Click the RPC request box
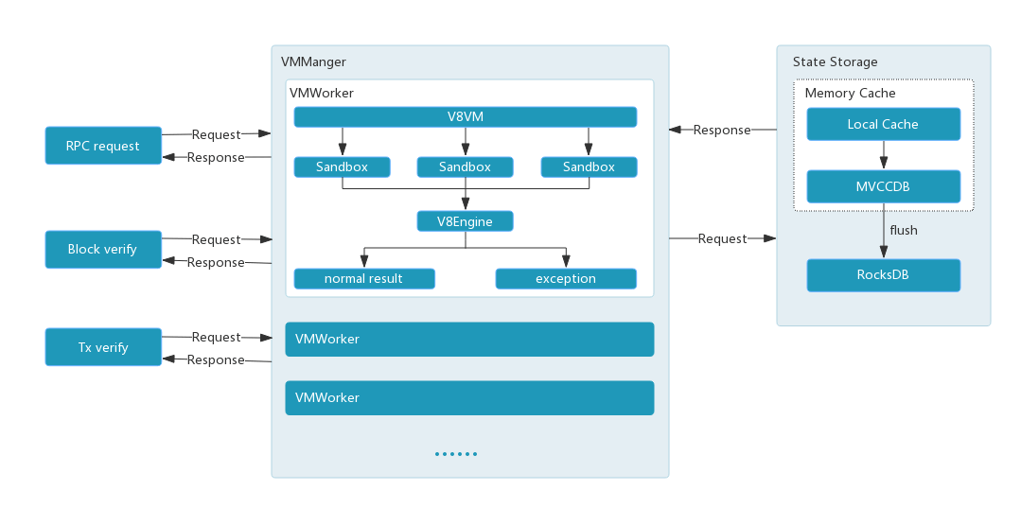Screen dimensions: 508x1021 click(x=103, y=146)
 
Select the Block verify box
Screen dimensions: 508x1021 click(x=103, y=249)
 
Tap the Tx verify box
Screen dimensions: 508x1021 click(x=103, y=347)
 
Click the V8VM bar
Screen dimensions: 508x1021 click(x=465, y=117)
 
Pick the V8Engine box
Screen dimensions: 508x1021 click(x=465, y=221)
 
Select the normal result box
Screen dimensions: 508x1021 click(x=363, y=279)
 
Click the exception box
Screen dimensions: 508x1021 click(x=566, y=279)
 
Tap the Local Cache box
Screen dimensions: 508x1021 click(x=883, y=124)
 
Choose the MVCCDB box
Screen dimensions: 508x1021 click(x=883, y=186)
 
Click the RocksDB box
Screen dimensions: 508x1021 click(x=883, y=275)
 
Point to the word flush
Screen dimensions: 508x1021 click(x=904, y=230)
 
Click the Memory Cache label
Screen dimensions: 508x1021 click(x=850, y=94)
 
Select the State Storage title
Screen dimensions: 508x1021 click(x=835, y=62)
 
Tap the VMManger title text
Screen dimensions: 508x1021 click(x=313, y=62)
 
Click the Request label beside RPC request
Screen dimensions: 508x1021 click(x=217, y=134)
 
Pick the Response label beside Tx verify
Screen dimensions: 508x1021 click(x=216, y=359)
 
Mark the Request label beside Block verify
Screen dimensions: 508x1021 click(x=217, y=239)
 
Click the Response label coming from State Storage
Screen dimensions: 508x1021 click(x=722, y=130)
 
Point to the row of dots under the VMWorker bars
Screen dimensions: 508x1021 click(x=456, y=454)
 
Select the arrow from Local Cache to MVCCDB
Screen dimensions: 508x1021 click(x=883, y=155)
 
